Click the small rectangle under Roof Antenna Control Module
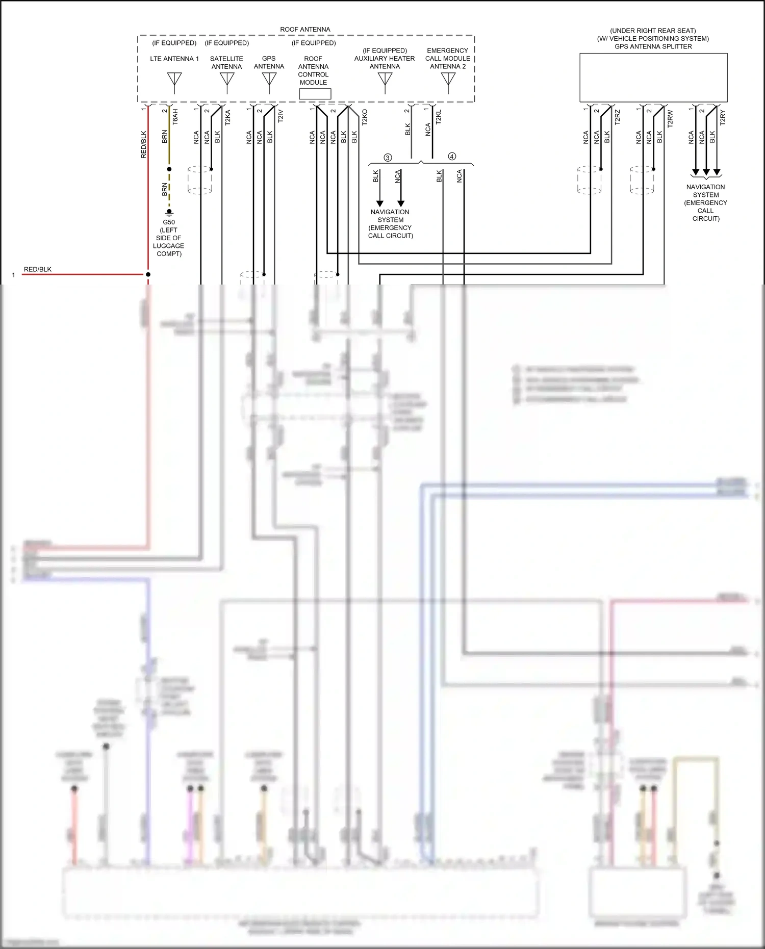click(x=315, y=94)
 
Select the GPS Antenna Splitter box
click(x=653, y=78)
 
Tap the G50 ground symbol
click(x=169, y=213)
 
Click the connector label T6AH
click(x=175, y=117)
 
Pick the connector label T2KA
click(x=228, y=117)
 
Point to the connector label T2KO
click(x=365, y=117)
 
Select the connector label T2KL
click(x=439, y=117)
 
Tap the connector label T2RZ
click(x=618, y=117)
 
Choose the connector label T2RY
click(x=723, y=117)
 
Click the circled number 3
click(x=388, y=158)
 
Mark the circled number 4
click(x=452, y=157)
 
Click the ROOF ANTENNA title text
click(x=305, y=30)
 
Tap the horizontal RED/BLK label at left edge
click(x=38, y=269)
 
